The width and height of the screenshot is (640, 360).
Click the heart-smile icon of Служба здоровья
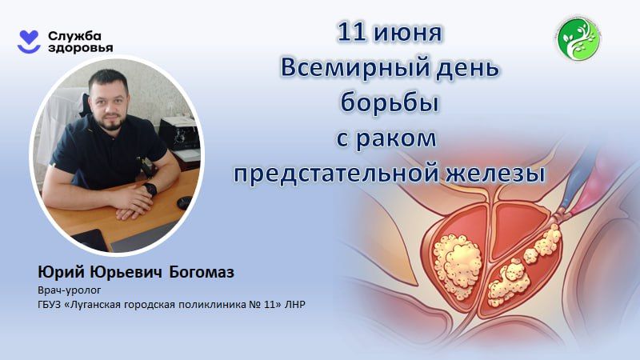tap(30, 42)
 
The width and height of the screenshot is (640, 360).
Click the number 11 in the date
tap(353, 34)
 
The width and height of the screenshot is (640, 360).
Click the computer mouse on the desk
tap(182, 202)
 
